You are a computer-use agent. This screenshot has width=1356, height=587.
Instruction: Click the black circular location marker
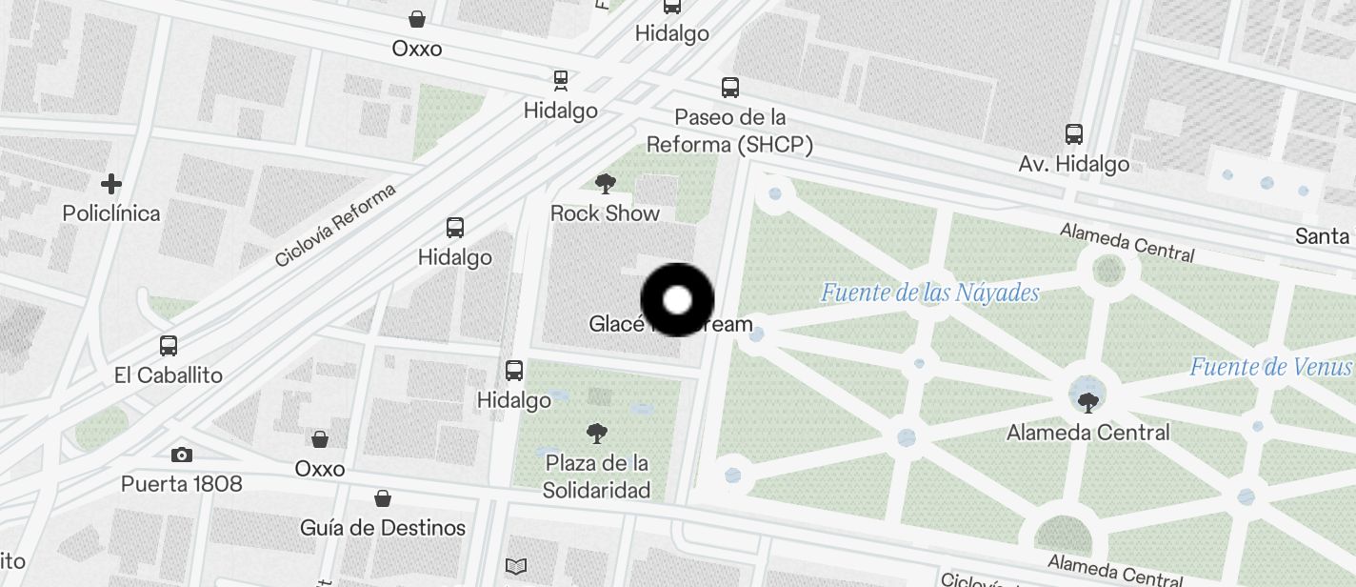click(677, 300)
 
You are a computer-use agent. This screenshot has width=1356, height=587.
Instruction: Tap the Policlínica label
click(111, 213)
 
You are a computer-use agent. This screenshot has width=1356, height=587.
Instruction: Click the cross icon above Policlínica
click(111, 183)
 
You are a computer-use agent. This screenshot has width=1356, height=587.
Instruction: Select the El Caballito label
click(169, 374)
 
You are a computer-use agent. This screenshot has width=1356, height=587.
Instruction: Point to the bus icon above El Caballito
click(169, 346)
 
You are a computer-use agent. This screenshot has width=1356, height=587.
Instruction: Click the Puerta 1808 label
click(182, 483)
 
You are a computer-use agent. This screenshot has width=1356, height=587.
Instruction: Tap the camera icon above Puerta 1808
click(182, 455)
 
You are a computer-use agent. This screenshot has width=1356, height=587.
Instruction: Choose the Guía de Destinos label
click(383, 527)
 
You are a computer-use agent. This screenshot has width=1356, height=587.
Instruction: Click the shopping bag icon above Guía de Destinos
click(383, 498)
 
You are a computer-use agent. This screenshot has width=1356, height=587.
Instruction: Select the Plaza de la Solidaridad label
click(597, 476)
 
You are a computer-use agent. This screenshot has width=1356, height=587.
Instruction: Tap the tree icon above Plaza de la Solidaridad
click(597, 434)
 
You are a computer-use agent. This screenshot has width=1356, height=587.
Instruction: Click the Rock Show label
click(605, 213)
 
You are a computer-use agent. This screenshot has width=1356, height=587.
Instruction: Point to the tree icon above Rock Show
click(605, 183)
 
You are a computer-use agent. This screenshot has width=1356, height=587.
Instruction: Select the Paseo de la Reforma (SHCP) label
click(730, 132)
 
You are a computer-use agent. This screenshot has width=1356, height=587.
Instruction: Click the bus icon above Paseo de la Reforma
click(730, 88)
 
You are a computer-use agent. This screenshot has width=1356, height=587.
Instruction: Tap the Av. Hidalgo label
click(1074, 163)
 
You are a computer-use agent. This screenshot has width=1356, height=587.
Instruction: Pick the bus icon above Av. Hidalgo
click(1074, 134)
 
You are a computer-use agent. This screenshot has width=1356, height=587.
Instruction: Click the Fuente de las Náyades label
click(929, 292)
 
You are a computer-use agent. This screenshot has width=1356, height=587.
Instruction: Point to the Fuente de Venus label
click(1271, 367)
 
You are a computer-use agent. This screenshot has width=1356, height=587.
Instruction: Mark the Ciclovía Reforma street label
click(335, 226)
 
